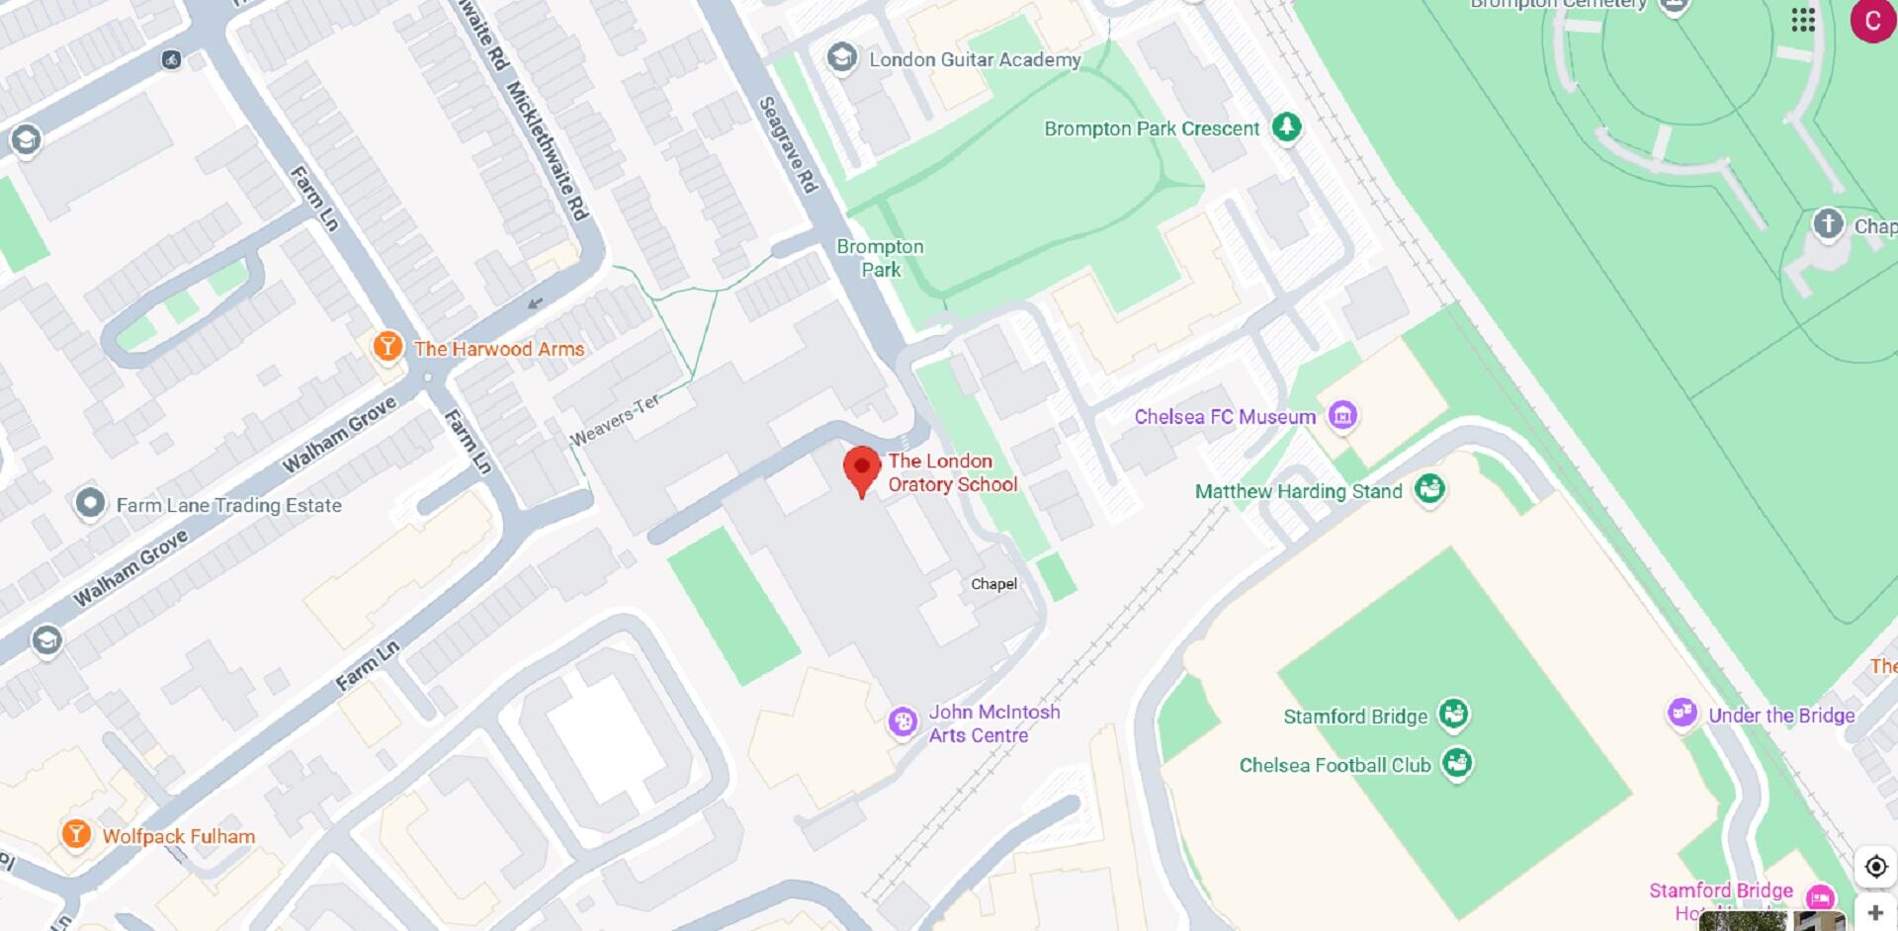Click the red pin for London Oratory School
tap(861, 468)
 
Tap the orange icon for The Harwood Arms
tap(387, 347)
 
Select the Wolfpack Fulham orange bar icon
tap(76, 833)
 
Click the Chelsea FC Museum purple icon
tap(1341, 415)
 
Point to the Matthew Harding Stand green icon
tap(1428, 488)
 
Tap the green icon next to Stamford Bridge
tap(1452, 714)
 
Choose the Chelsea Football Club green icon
tap(1456, 763)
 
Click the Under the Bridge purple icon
tap(1682, 713)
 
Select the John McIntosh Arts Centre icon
tap(902, 721)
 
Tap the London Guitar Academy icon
tap(842, 57)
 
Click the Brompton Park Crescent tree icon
tap(1285, 127)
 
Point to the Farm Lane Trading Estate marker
tap(90, 503)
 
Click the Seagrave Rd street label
tap(788, 144)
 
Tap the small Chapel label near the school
tap(993, 584)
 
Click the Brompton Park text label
tap(880, 258)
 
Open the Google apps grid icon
tap(1803, 20)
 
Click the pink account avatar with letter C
tap(1871, 21)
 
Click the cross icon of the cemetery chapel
tap(1827, 223)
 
